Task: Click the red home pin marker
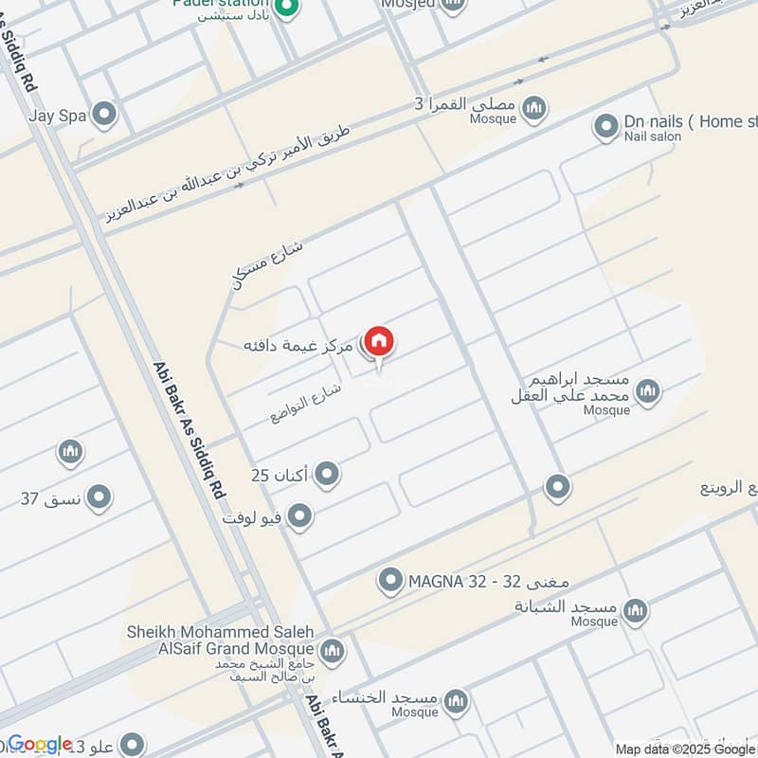[379, 342]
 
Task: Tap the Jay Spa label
[57, 116]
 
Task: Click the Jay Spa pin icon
[104, 116]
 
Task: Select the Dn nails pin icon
[605, 124]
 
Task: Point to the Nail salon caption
[652, 137]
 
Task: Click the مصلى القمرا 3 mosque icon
[535, 107]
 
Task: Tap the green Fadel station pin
[290, 10]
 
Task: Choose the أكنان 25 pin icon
[327, 473]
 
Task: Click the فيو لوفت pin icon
[299, 516]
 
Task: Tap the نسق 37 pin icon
[98, 496]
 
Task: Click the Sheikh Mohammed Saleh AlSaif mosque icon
[332, 650]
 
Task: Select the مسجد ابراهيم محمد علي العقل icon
[648, 390]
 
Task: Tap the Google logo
[41, 744]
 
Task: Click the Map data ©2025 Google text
[685, 749]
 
